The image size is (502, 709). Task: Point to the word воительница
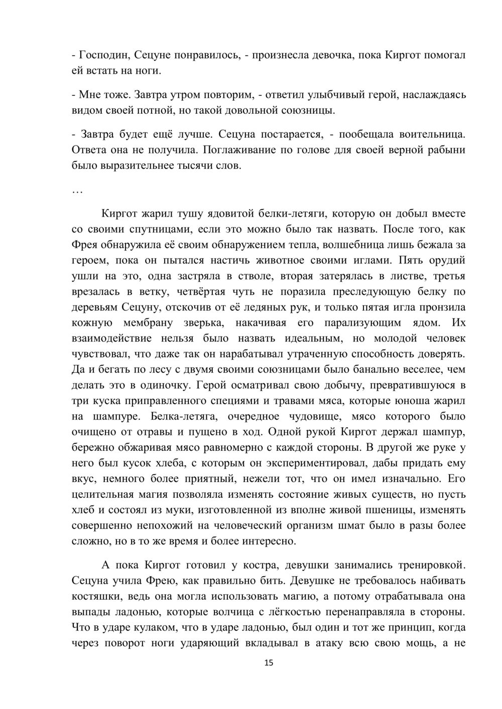click(432, 134)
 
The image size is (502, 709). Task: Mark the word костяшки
click(95, 597)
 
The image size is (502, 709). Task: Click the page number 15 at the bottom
click(269, 663)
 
